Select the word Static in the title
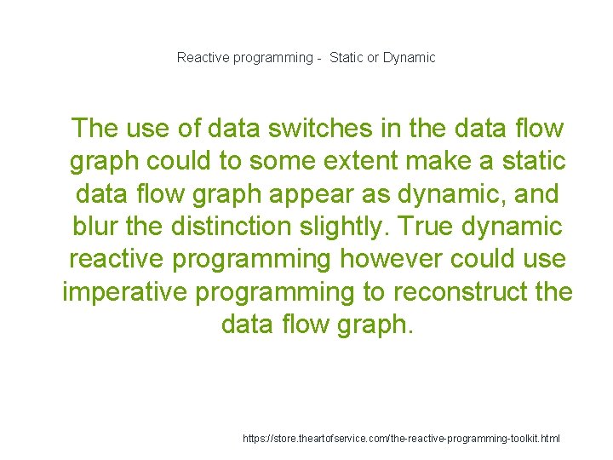coord(346,58)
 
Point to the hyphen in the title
coord(317,58)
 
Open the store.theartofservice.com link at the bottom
coord(401,438)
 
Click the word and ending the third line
coord(533,194)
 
